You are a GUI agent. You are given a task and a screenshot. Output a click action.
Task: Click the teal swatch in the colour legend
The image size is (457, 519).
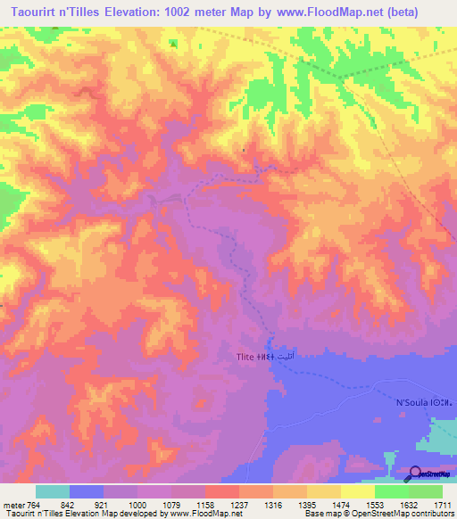click(x=52, y=492)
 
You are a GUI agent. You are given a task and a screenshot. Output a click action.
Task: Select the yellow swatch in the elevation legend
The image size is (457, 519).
click(x=357, y=492)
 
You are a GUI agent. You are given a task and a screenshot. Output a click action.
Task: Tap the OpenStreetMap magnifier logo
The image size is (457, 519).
click(x=416, y=473)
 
